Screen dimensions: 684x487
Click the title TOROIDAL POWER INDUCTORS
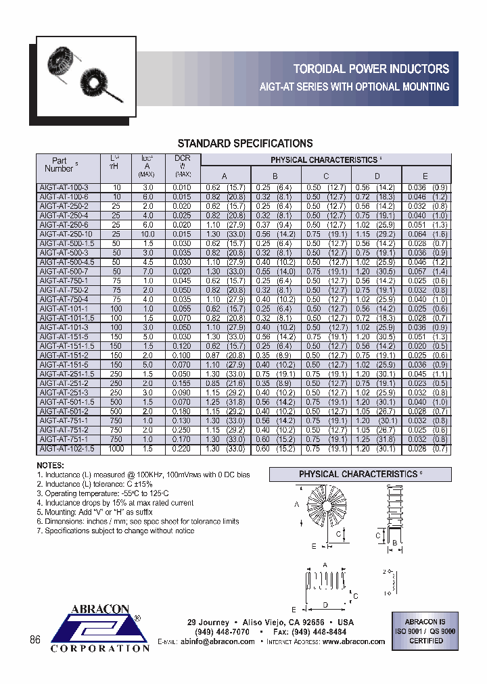coord(371,69)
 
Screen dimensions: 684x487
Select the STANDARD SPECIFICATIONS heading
coord(245,143)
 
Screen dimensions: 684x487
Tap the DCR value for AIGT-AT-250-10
coord(182,234)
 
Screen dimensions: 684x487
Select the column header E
coord(425,176)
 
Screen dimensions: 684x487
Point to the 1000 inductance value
coord(116,449)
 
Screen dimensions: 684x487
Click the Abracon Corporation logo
coord(100,629)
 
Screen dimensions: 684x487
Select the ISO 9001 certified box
coord(425,631)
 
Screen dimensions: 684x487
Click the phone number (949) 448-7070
coord(222,631)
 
